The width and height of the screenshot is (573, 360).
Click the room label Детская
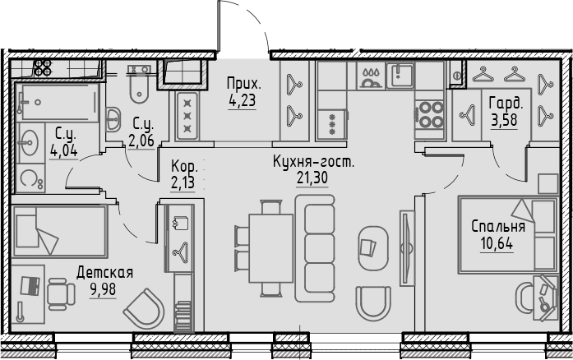[x=104, y=271]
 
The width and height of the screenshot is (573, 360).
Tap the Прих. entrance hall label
[x=244, y=84]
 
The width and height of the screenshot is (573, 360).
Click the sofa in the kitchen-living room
[x=317, y=244]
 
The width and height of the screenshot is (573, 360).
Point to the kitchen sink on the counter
[x=400, y=77]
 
